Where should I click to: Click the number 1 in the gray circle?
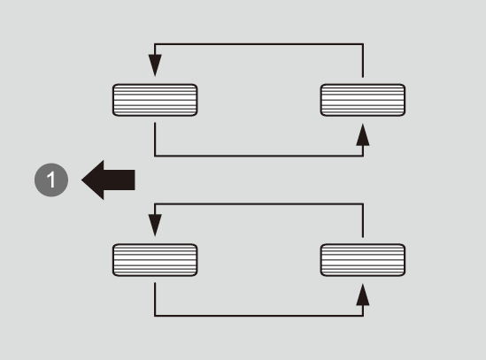pyautogui.click(x=51, y=180)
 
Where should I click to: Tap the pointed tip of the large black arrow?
pyautogui.click(x=81, y=180)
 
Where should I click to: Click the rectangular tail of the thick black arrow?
pyautogui.click(x=120, y=180)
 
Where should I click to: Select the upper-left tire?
pyautogui.click(x=155, y=100)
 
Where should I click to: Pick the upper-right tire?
pyautogui.click(x=363, y=100)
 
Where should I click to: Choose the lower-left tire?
pyautogui.click(x=155, y=260)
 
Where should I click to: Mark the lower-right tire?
pyautogui.click(x=363, y=260)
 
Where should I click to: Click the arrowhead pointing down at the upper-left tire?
pyautogui.click(x=155, y=65)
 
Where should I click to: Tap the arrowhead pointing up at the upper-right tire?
pyautogui.click(x=363, y=134)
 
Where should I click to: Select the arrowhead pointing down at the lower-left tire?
pyautogui.click(x=155, y=226)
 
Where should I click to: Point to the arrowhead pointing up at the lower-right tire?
pyautogui.click(x=363, y=295)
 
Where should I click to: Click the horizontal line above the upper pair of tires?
pyautogui.click(x=258, y=44)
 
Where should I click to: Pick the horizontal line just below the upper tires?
pyautogui.click(x=258, y=156)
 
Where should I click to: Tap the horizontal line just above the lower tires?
pyautogui.click(x=258, y=203)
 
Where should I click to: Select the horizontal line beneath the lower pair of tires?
pyautogui.click(x=258, y=316)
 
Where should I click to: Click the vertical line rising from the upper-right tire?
pyautogui.click(x=363, y=60)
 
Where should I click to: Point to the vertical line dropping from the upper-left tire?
pyautogui.click(x=155, y=140)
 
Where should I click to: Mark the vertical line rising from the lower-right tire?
pyautogui.click(x=363, y=220)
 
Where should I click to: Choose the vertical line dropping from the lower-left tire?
pyautogui.click(x=155, y=299)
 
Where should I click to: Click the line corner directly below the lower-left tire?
pyautogui.click(x=155, y=316)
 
